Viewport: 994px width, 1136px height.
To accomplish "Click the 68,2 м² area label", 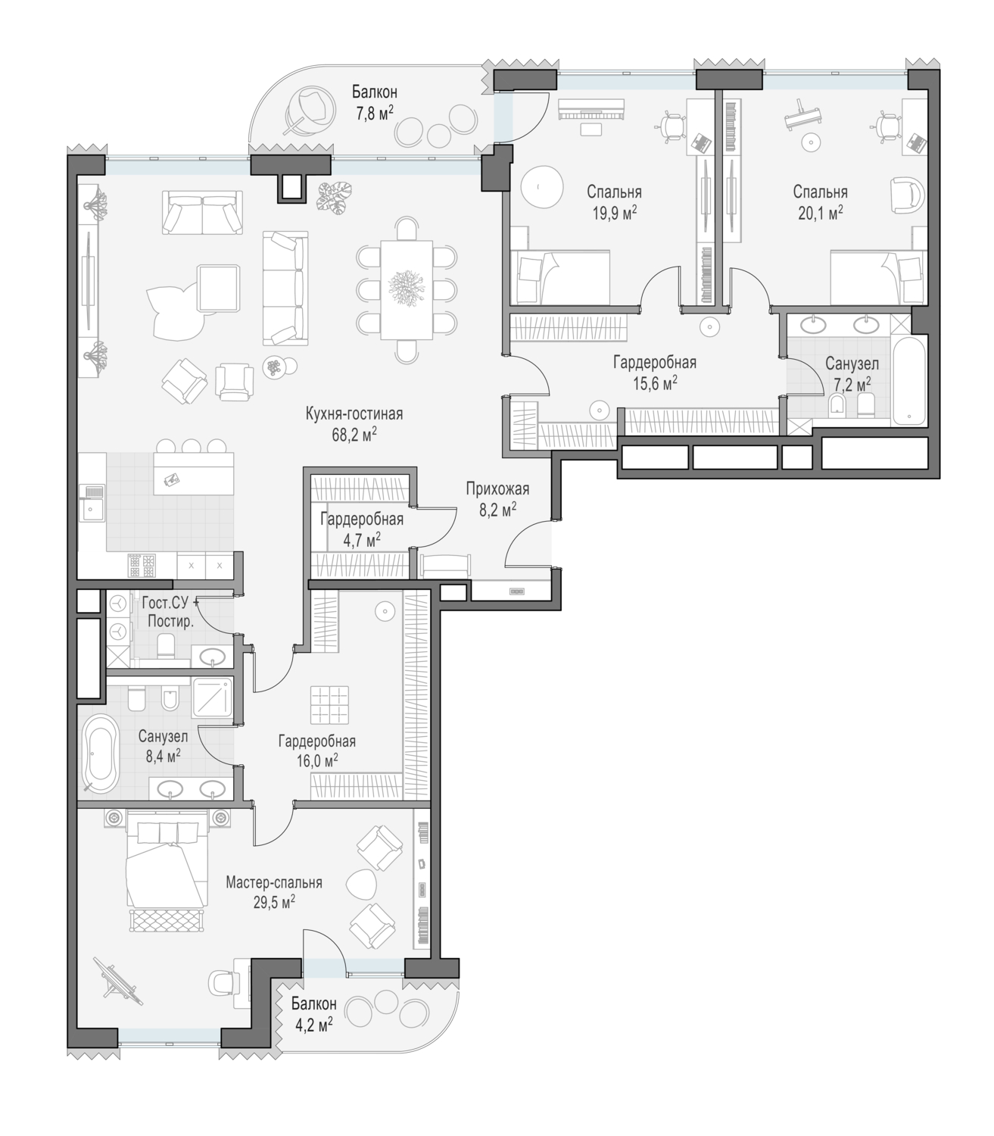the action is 354,434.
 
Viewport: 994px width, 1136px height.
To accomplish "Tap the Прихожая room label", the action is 497,488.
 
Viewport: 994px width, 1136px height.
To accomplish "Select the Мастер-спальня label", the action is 273,882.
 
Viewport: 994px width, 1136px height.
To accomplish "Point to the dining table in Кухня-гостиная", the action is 407,290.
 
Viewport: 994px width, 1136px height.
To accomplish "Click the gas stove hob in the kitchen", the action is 142,566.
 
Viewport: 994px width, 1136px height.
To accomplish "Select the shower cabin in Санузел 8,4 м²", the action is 211,698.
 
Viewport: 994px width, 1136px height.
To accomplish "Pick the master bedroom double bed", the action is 165,863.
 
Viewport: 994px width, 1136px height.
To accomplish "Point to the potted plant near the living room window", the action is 335,197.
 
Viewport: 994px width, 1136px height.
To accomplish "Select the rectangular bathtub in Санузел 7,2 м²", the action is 908,381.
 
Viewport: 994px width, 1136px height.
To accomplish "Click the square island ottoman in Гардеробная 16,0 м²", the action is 329,704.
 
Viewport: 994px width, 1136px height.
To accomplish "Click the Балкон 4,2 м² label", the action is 313,1014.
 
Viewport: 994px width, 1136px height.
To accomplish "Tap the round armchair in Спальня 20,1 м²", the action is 908,195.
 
